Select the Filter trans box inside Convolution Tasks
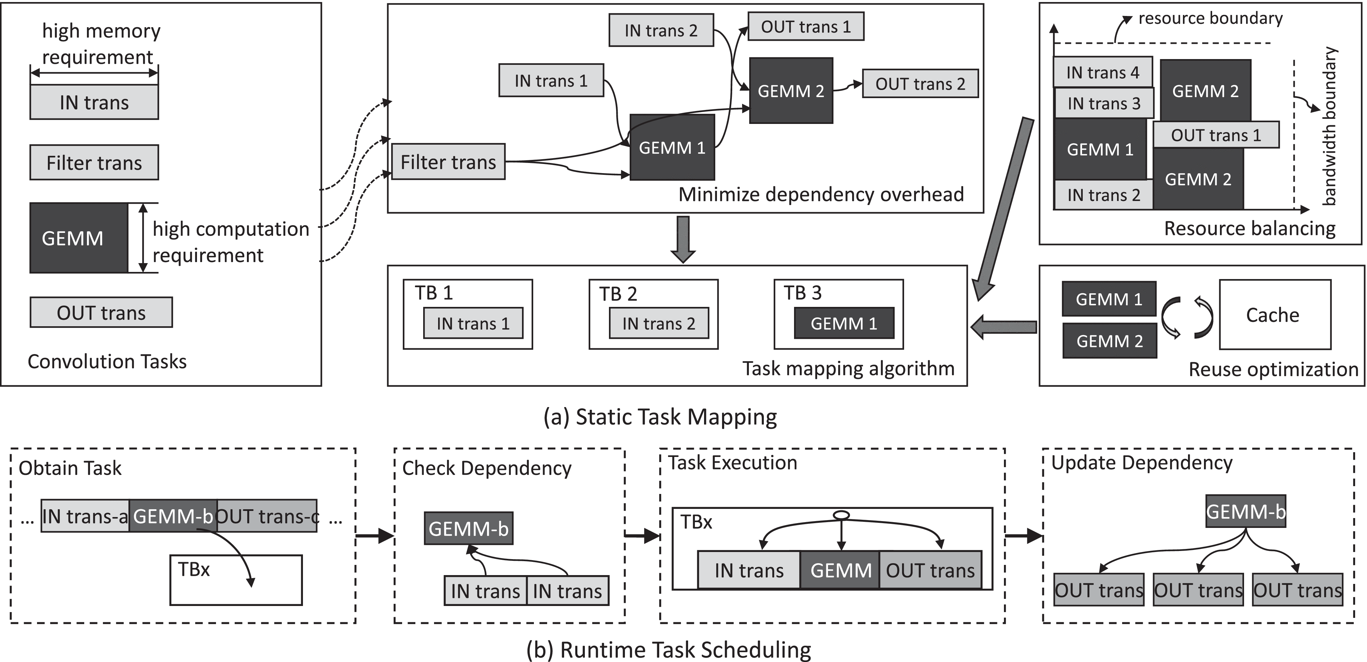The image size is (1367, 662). (94, 162)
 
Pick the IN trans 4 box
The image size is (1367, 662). (1103, 72)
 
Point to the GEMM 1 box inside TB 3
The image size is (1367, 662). (844, 323)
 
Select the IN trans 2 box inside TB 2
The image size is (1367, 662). (658, 323)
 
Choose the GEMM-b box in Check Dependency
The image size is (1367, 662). (469, 528)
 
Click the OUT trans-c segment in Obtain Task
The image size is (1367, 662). (267, 516)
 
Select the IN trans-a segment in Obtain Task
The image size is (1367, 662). (85, 516)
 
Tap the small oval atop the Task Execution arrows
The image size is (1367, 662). (841, 515)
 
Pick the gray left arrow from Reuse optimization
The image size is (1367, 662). (1003, 327)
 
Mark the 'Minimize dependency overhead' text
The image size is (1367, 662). (821, 195)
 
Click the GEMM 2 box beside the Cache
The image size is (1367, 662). (1109, 341)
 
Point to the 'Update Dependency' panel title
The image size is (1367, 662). (1141, 462)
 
